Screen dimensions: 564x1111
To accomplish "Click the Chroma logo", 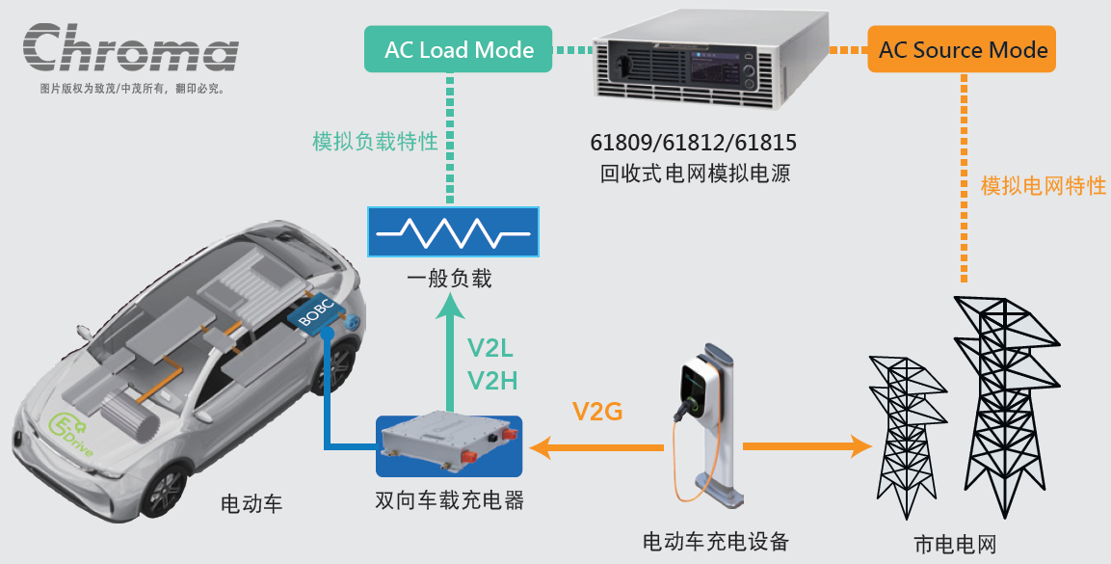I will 130,50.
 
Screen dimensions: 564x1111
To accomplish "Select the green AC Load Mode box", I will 459,50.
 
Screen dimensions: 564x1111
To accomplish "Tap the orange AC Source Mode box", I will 962,50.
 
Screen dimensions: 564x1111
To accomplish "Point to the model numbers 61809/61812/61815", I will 694,144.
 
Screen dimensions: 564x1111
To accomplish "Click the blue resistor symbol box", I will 452,232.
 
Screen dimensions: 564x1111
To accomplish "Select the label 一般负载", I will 449,279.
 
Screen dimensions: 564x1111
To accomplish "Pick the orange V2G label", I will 597,413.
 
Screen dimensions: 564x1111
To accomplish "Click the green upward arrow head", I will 449,309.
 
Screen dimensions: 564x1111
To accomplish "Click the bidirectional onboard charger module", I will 449,445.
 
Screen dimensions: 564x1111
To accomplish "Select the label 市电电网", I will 953,543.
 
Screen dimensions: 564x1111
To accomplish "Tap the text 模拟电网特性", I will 1043,186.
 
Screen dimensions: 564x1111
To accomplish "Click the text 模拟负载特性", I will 375,142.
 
